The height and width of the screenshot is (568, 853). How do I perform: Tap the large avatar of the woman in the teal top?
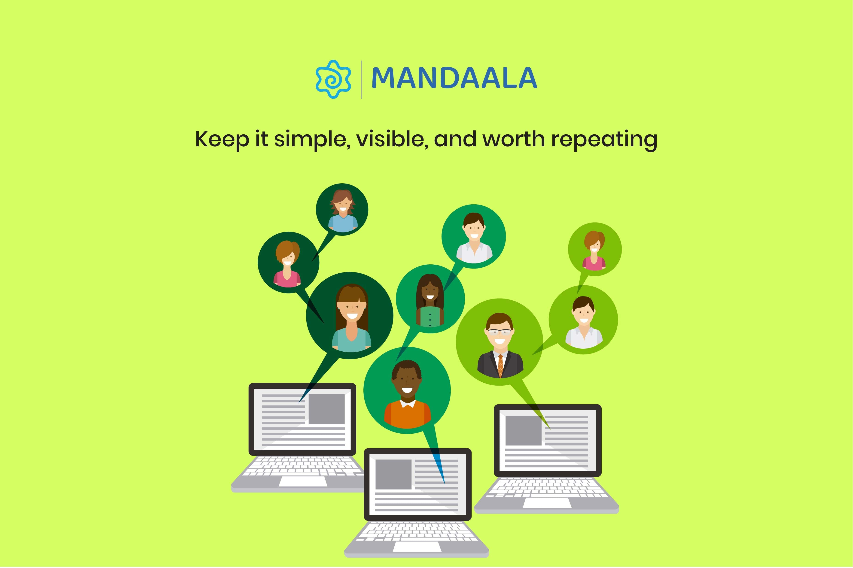point(351,318)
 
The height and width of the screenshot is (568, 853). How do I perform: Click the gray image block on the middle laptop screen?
point(393,474)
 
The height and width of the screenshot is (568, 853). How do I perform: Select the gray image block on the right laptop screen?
point(523,430)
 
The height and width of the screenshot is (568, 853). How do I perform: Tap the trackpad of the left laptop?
point(303,481)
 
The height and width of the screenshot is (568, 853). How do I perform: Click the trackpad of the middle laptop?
point(417,547)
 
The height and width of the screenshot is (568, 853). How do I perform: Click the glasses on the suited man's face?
point(500,332)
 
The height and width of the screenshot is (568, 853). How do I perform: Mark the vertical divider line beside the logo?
point(362,80)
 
